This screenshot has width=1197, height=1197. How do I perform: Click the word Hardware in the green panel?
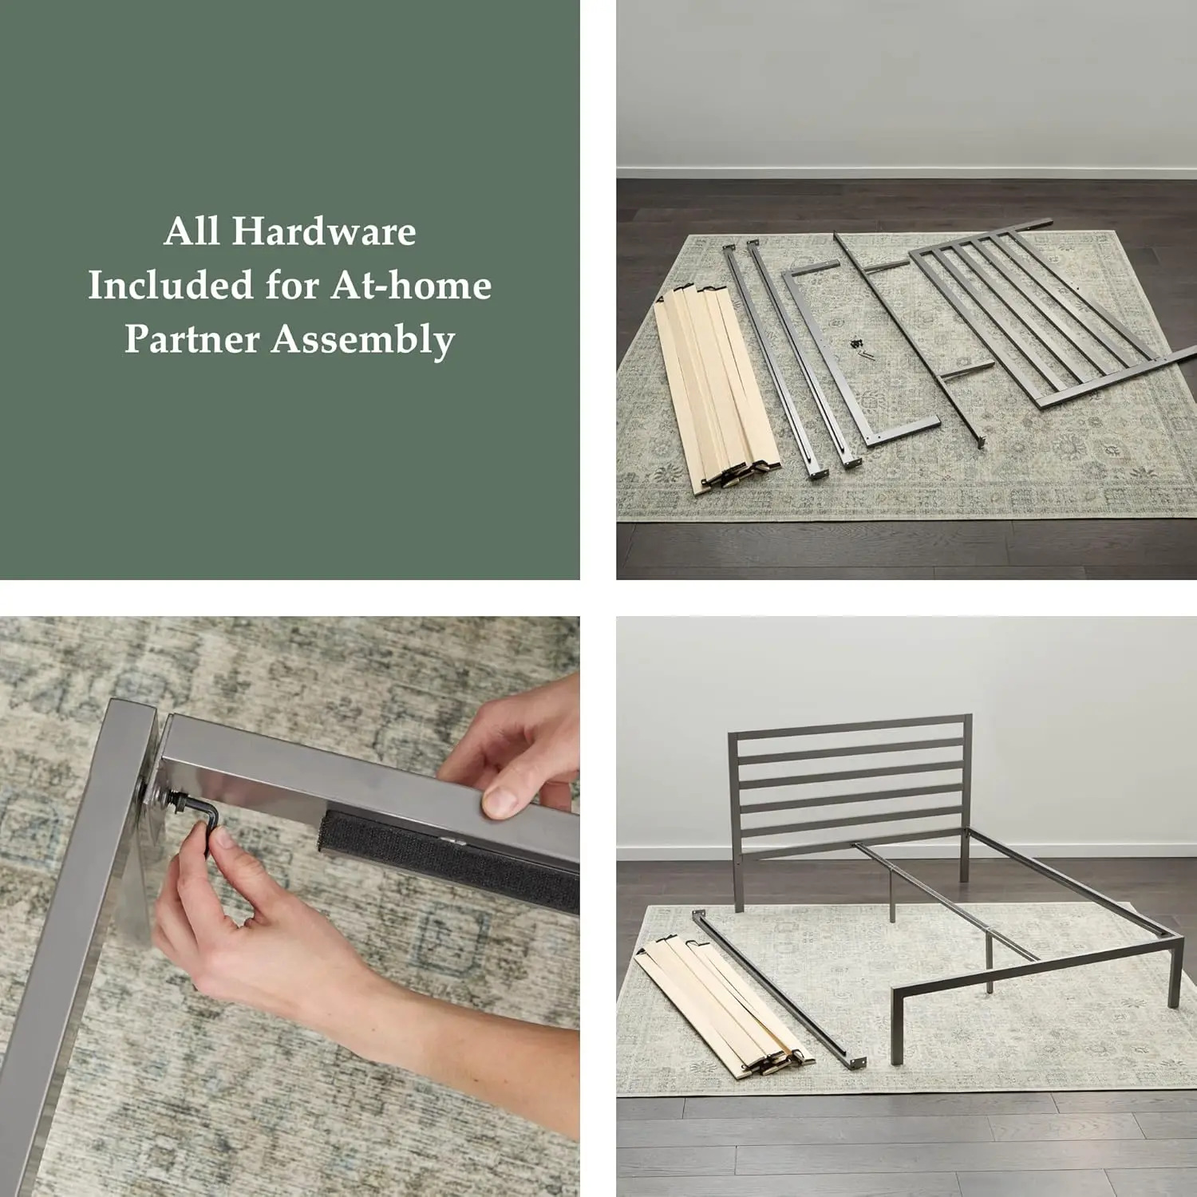pyautogui.click(x=324, y=231)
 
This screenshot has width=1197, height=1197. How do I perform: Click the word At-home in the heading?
pyautogui.click(x=411, y=285)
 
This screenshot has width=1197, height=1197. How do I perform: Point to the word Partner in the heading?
pyautogui.click(x=191, y=339)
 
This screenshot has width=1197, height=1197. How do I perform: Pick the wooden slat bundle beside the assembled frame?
pyautogui.click(x=718, y=1005)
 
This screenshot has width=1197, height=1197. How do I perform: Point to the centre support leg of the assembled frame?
pyautogui.click(x=990, y=970)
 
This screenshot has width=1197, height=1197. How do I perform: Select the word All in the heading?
pyautogui.click(x=192, y=231)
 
